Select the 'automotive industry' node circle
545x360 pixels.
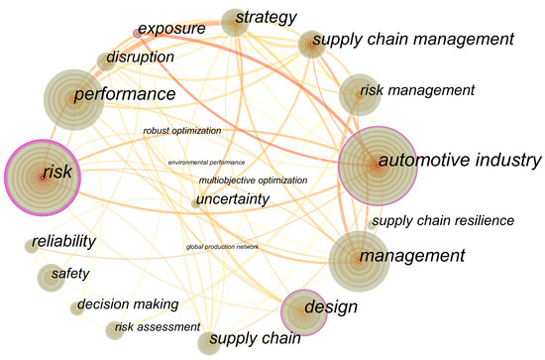pyautogui.click(x=376, y=164)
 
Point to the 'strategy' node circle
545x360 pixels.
pyautogui.click(x=235, y=22)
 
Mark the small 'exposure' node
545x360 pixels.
pyautogui.click(x=137, y=33)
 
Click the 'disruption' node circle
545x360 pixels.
pyautogui.click(x=106, y=60)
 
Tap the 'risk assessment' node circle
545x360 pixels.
pyautogui.click(x=115, y=330)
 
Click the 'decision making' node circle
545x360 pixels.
pyautogui.click(x=76, y=308)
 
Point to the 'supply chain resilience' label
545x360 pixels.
pyautogui.click(x=442, y=220)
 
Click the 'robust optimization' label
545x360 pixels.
pyautogui.click(x=181, y=130)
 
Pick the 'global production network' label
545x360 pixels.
pyautogui.click(x=222, y=246)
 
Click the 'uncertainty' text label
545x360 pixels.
pyautogui.click(x=233, y=199)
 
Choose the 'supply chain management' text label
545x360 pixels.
pyautogui.click(x=413, y=40)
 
